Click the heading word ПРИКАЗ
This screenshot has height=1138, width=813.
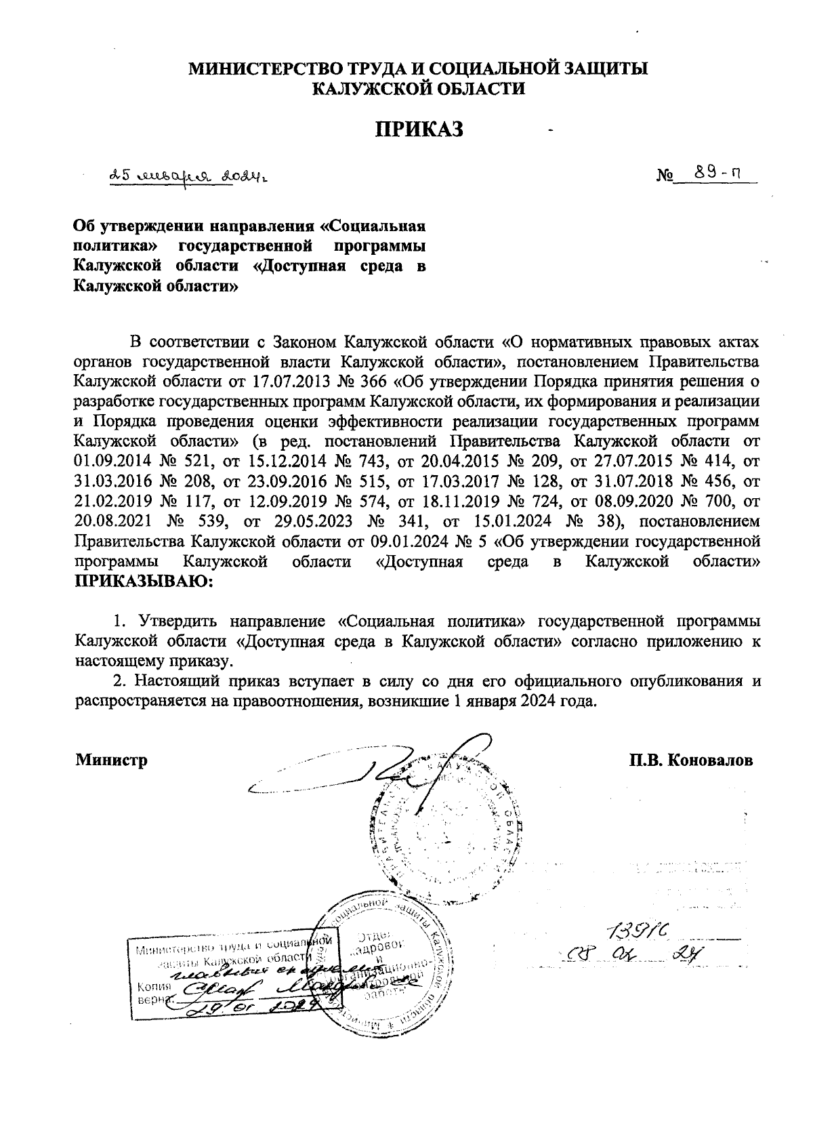tap(420, 129)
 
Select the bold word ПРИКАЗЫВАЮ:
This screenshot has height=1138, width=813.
tap(144, 580)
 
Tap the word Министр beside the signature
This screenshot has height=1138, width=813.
tap(111, 760)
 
